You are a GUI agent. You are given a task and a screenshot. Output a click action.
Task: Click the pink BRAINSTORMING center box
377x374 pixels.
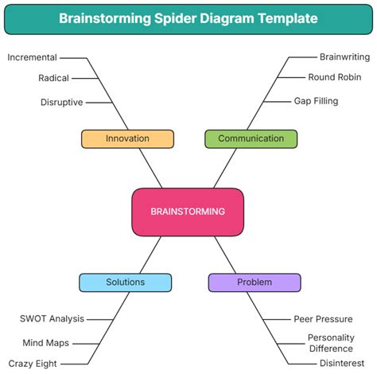coord(188,212)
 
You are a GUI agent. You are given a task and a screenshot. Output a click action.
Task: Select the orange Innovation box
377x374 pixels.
coord(127,138)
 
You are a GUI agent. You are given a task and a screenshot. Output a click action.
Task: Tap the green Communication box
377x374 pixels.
coord(251,138)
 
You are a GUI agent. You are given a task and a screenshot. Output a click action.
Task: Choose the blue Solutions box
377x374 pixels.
coord(125,282)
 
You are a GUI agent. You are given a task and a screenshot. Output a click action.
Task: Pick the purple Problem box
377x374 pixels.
coord(255,282)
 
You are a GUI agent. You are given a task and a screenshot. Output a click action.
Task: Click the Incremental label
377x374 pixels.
coord(32,57)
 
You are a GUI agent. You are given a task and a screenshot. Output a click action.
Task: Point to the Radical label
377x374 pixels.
coord(53,78)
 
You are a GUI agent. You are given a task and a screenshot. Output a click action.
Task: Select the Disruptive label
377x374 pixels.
coord(62,102)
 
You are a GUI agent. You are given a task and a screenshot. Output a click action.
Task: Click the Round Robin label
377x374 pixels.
coord(335,77)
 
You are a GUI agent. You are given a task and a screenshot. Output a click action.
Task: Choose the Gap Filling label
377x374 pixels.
coord(316,101)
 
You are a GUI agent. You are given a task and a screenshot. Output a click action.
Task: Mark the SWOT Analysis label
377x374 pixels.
coord(52,319)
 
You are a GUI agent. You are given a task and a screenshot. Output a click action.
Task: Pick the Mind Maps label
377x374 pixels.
coord(45,343)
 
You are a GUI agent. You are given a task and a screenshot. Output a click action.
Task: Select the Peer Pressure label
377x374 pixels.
coord(323,319)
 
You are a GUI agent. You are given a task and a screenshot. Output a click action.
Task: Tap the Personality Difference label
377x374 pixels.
coord(331,343)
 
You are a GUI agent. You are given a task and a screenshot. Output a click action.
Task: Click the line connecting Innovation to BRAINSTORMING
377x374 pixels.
coord(151,168)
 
